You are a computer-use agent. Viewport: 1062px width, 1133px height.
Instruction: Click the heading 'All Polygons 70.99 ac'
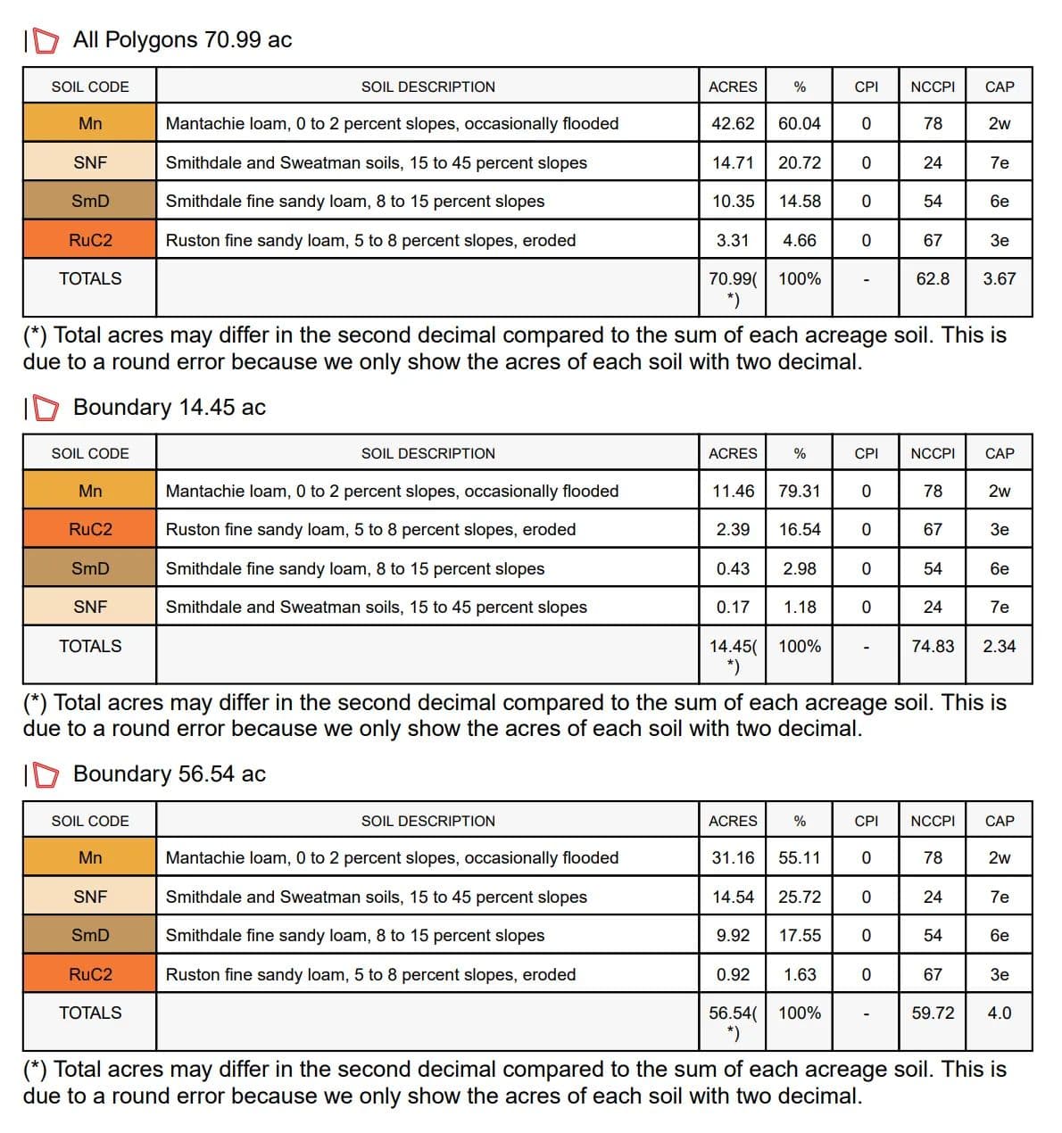click(x=182, y=40)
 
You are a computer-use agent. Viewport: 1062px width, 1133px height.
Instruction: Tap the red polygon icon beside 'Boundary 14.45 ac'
click(x=46, y=408)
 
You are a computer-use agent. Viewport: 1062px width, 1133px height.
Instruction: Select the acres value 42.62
click(x=733, y=124)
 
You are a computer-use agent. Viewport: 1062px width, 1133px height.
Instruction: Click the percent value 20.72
click(x=800, y=163)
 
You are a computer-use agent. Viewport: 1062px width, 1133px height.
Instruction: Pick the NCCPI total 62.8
click(x=933, y=279)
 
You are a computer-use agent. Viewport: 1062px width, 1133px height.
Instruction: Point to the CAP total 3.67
click(x=1000, y=279)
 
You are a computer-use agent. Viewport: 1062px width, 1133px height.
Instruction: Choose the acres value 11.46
click(x=733, y=492)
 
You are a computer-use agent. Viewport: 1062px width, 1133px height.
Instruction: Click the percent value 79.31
click(x=800, y=492)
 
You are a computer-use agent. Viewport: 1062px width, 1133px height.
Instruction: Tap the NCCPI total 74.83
click(x=933, y=647)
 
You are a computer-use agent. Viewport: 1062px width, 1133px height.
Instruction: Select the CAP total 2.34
click(x=1000, y=647)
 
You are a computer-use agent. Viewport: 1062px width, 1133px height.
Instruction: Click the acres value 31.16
click(x=733, y=858)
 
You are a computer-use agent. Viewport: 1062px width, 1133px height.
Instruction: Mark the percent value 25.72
click(x=800, y=897)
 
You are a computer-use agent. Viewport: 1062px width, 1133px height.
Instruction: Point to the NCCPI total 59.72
click(x=933, y=1013)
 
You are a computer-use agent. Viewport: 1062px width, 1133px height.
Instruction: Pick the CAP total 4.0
click(x=1000, y=1013)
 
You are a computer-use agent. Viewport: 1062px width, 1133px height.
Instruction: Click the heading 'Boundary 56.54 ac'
click(x=170, y=774)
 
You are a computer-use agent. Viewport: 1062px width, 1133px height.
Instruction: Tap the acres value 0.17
click(x=733, y=608)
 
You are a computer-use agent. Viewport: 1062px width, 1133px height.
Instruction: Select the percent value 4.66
click(x=800, y=241)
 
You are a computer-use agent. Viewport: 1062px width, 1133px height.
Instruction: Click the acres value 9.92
click(x=733, y=936)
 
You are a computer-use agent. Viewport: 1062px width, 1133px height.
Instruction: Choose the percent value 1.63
click(x=800, y=975)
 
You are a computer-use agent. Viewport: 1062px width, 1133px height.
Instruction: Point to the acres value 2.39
click(x=733, y=530)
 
